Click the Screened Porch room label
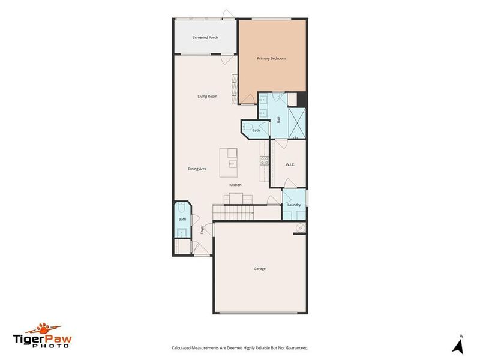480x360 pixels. click(205, 38)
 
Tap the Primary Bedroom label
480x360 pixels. click(271, 59)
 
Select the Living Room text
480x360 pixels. click(208, 97)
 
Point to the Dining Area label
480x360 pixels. click(197, 169)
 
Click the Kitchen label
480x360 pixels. click(235, 185)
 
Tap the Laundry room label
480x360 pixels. click(294, 205)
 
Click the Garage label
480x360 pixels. click(260, 269)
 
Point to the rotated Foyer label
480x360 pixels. click(202, 229)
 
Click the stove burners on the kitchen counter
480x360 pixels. click(263, 160)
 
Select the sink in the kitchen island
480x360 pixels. click(233, 163)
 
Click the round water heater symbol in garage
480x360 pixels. click(300, 227)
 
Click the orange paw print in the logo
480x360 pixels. click(44, 328)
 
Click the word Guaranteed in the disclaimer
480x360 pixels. click(293, 348)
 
